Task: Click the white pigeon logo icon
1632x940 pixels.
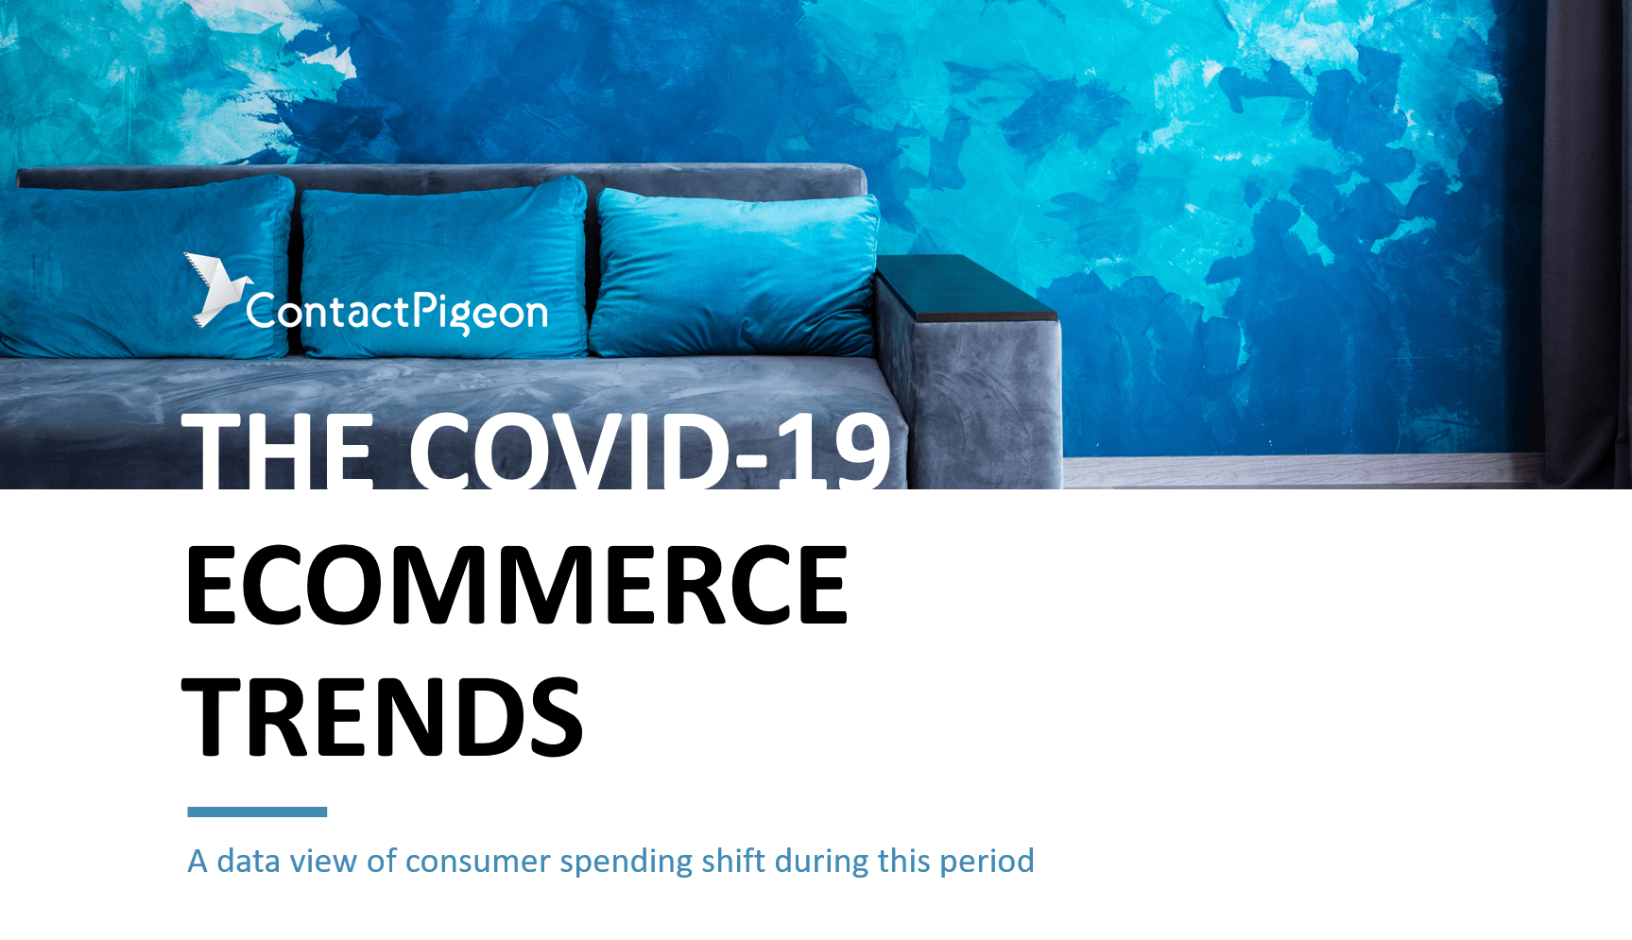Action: click(x=215, y=289)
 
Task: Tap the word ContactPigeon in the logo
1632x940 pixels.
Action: click(x=397, y=312)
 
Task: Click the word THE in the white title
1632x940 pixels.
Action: click(x=278, y=451)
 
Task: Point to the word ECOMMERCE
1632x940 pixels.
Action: click(x=517, y=585)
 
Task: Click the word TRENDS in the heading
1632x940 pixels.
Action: click(x=383, y=717)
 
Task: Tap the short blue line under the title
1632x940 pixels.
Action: click(x=257, y=812)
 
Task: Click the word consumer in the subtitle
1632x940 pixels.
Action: click(x=477, y=862)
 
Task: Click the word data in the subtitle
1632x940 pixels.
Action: click(x=249, y=862)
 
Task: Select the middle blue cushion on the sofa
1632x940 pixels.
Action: click(x=442, y=266)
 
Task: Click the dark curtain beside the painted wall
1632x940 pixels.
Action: click(x=1588, y=236)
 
